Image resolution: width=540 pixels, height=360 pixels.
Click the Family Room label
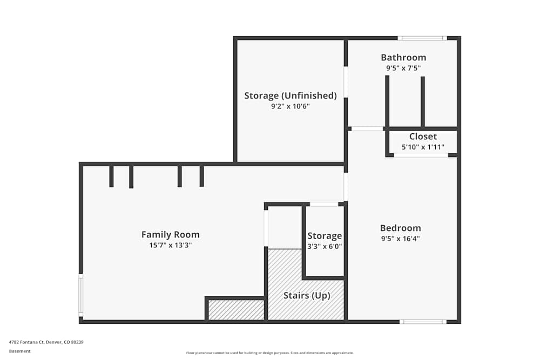170,235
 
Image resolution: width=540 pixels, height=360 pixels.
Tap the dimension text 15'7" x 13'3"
171,245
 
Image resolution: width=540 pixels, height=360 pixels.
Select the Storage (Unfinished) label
291,96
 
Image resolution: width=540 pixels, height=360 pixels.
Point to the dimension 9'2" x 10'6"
291,106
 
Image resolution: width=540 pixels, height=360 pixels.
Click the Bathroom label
403,57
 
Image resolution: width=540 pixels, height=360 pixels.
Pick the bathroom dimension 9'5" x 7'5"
403,69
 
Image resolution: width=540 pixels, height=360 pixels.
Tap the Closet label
423,137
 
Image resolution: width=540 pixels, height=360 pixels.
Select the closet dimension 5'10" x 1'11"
423,147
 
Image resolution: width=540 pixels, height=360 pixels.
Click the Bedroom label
400,228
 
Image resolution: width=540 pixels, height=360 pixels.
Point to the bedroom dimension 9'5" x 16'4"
400,239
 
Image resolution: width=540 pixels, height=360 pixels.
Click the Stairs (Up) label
307,296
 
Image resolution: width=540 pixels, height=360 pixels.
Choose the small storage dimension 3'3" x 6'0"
325,246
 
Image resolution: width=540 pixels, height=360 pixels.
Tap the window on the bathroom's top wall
422,38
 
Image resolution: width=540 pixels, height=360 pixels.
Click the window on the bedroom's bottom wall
423,322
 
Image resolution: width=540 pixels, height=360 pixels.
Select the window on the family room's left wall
81,295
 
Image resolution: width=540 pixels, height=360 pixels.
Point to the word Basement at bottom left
20,351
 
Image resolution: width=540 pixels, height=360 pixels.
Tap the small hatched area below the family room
236,310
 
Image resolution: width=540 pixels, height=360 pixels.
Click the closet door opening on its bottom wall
421,155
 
